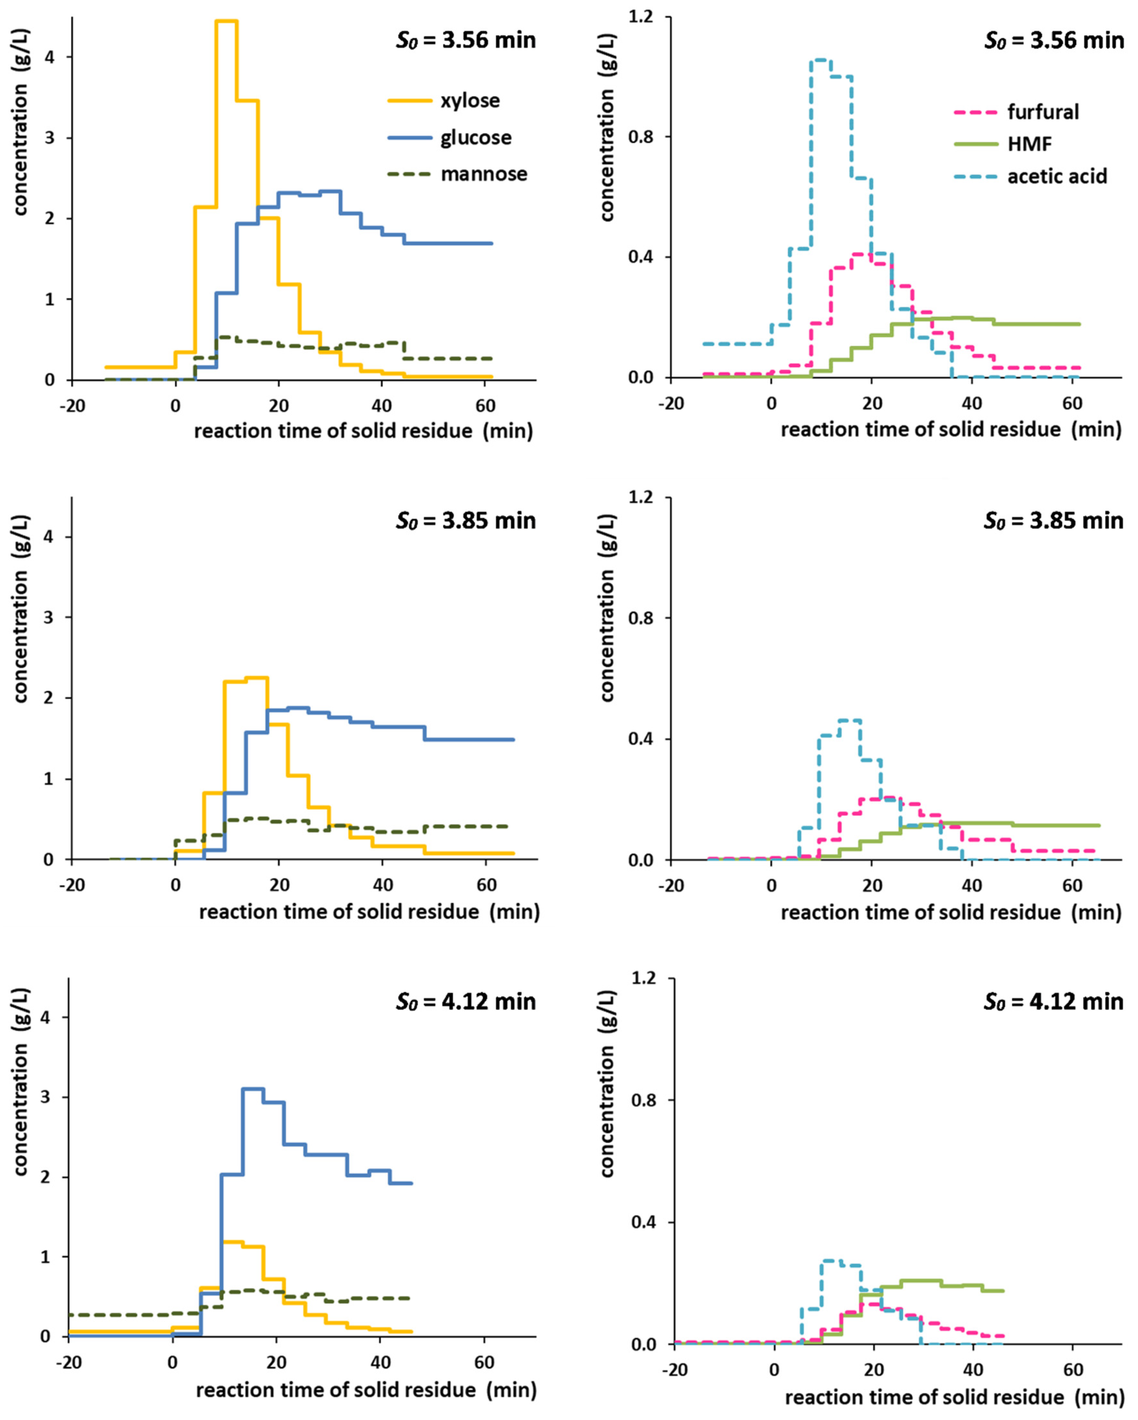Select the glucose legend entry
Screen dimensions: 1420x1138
click(475, 138)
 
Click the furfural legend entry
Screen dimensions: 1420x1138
click(1043, 112)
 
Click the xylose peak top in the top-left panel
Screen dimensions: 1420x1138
click(226, 22)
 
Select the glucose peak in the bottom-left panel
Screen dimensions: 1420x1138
click(253, 1089)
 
